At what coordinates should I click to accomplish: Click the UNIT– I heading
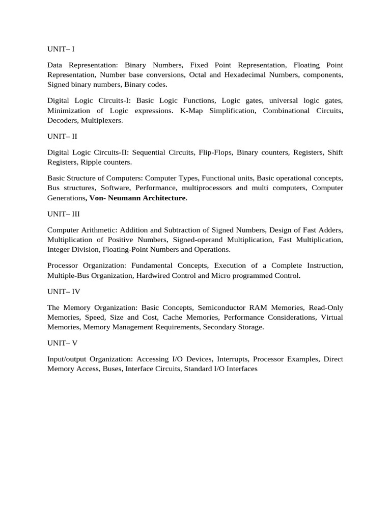click(61, 49)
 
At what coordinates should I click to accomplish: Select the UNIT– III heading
click(63, 214)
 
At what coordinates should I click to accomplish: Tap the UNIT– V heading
click(62, 343)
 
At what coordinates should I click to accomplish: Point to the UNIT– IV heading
click(63, 292)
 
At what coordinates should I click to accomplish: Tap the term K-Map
click(191, 111)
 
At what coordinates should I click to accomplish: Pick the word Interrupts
click(233, 359)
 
